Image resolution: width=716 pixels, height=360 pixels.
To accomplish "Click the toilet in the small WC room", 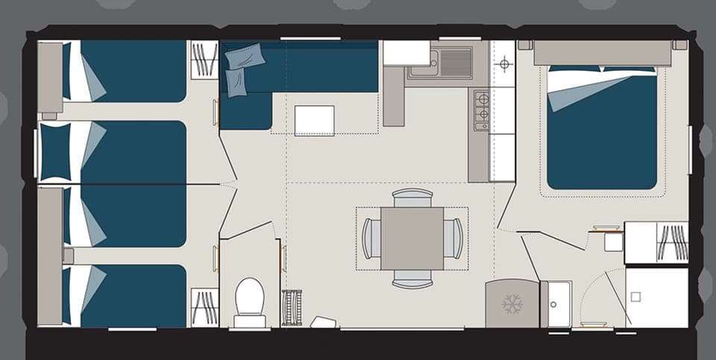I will pos(249,300).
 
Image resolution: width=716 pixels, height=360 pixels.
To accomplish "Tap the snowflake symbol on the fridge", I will pos(512,304).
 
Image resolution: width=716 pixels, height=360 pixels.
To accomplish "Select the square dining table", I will pos(412,239).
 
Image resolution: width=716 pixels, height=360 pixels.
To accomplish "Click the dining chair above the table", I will pos(412,198).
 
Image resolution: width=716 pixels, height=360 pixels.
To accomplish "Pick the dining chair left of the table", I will pos(371,239).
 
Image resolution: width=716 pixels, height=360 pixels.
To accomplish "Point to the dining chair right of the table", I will pos(453,239).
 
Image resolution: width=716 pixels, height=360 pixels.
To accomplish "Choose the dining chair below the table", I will pos(412,280).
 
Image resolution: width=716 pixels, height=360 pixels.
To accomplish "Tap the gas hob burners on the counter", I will pos(482,107).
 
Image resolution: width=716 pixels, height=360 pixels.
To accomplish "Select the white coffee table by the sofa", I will pos(314,121).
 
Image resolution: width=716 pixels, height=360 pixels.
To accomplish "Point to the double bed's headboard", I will pos(602,53).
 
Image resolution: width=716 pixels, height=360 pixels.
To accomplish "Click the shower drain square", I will pos(635,296).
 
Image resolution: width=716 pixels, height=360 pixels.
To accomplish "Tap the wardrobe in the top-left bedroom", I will pos(204,60).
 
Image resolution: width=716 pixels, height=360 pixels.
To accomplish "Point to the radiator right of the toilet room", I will pos(292,307).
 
